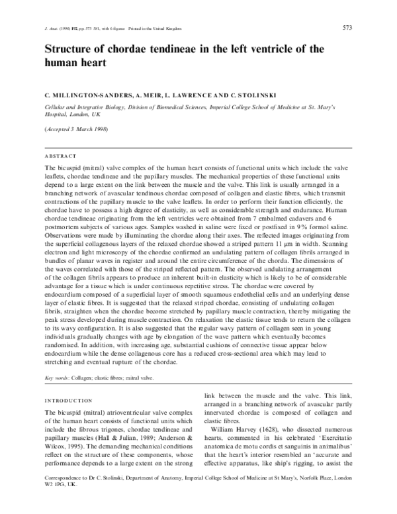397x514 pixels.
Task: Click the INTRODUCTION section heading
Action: click(68, 401)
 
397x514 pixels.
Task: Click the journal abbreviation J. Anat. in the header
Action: click(51, 29)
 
